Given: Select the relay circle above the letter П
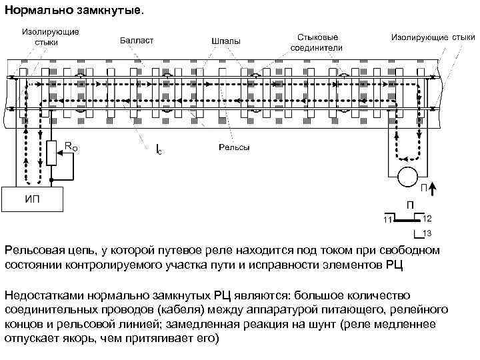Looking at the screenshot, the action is point(407,177).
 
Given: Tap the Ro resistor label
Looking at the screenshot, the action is point(71,147).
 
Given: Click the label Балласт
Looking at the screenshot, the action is point(137,41).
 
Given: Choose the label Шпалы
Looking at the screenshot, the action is point(226,42).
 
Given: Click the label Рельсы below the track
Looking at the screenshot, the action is point(235,147).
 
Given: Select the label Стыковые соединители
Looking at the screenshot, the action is point(317,42).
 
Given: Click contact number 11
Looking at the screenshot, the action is point(388,221).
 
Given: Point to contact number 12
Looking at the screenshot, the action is point(427,218).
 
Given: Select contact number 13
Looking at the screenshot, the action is point(427,233).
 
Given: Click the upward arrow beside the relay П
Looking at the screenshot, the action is point(431,189).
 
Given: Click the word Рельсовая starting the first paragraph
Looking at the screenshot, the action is point(35,250).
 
